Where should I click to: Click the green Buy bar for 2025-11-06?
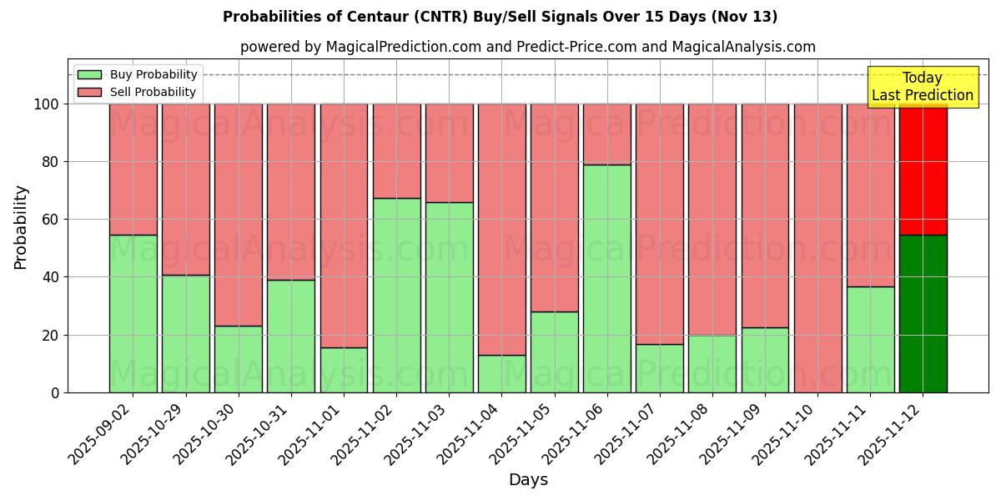(x=606, y=278)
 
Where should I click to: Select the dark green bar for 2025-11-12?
(x=923, y=313)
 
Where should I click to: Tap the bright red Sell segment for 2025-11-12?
(x=923, y=170)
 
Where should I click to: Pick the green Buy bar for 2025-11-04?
(x=501, y=373)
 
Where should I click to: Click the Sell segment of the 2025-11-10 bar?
(x=817, y=248)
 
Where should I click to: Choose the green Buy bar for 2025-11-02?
(x=396, y=295)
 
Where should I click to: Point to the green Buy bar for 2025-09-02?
(x=133, y=313)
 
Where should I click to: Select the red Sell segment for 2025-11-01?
(x=344, y=225)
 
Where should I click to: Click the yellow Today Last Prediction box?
(x=923, y=87)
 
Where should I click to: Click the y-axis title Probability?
(x=21, y=227)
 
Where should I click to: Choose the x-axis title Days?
(x=528, y=480)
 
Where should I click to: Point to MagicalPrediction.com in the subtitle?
(x=404, y=48)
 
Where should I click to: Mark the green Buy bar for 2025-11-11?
(x=870, y=339)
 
